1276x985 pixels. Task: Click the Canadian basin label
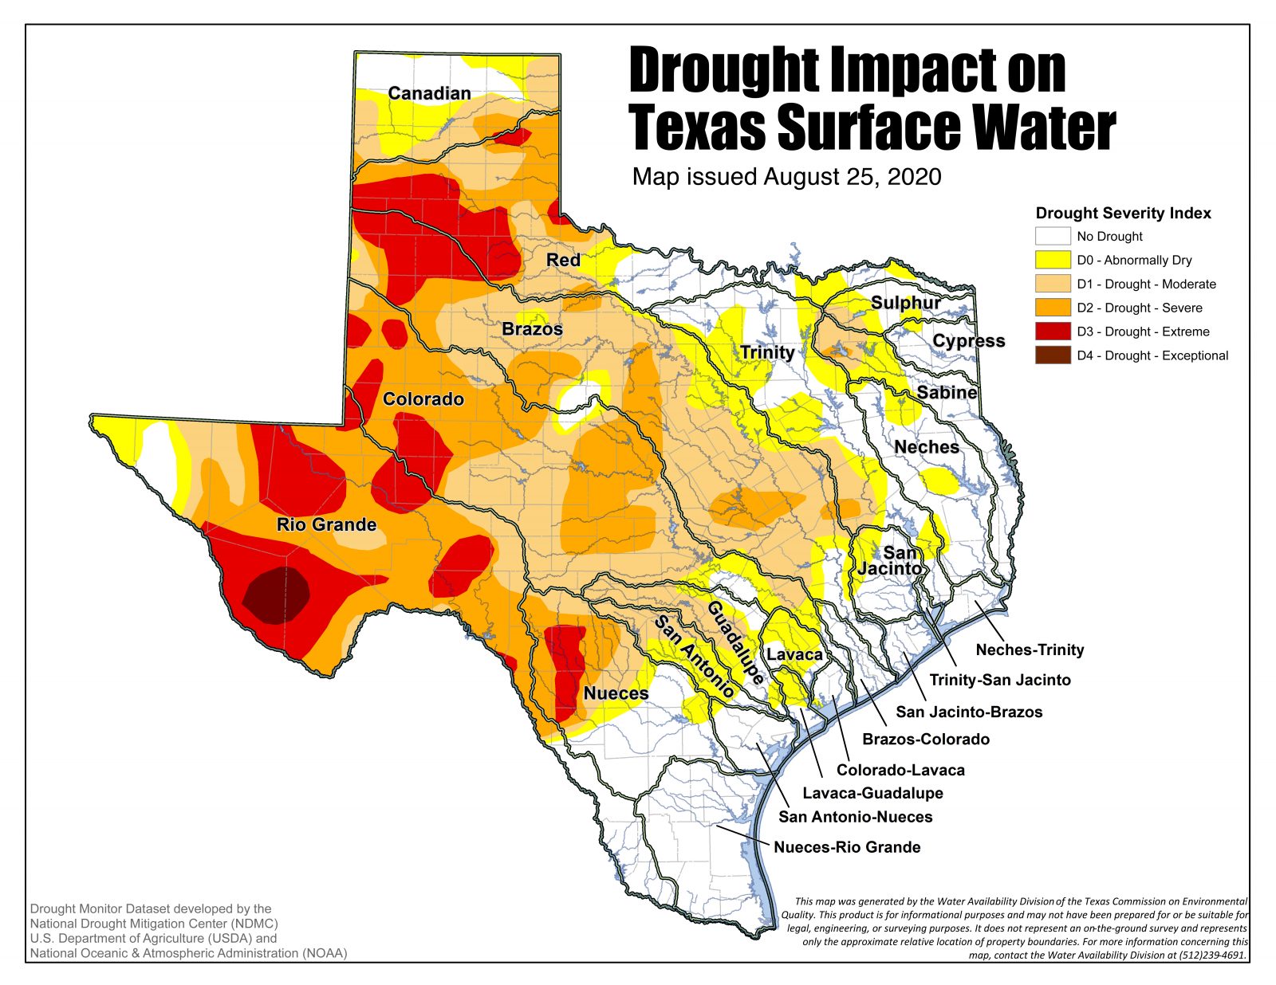pyautogui.click(x=429, y=93)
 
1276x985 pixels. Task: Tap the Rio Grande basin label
pyautogui.click(x=326, y=524)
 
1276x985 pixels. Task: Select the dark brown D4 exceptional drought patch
pyautogui.click(x=276, y=595)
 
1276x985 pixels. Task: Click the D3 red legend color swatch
pyautogui.click(x=1052, y=332)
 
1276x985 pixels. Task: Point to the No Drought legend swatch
pyautogui.click(x=1052, y=236)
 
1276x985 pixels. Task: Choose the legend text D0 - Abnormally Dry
pyautogui.click(x=1134, y=260)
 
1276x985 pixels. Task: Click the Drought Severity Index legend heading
pyautogui.click(x=1123, y=213)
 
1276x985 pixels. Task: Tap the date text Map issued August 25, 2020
pyautogui.click(x=786, y=176)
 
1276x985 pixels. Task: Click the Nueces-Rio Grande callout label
pyautogui.click(x=847, y=847)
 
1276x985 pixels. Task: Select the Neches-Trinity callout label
pyautogui.click(x=1030, y=649)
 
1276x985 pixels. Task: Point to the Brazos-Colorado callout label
pyautogui.click(x=926, y=739)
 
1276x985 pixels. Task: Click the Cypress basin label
pyautogui.click(x=968, y=340)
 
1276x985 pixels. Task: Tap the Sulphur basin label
pyautogui.click(x=905, y=303)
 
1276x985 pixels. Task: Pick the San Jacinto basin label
pyautogui.click(x=892, y=560)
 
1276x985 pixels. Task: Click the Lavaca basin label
pyautogui.click(x=794, y=654)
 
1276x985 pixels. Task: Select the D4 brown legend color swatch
pyautogui.click(x=1052, y=355)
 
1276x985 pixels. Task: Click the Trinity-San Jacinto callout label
pyautogui.click(x=1000, y=680)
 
